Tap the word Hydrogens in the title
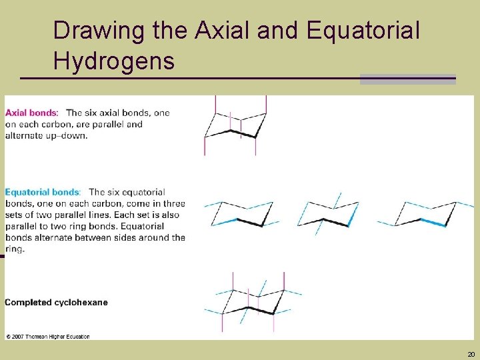pos(113,61)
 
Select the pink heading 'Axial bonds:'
pos(32,113)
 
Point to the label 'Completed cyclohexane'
pos(56,302)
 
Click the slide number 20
pos(471,354)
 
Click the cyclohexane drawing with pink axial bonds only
pos(235,125)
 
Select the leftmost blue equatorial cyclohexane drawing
pos(240,213)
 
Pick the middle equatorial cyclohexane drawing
pos(330,213)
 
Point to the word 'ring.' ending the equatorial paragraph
pos(15,249)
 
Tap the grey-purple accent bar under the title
pos(407,79)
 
